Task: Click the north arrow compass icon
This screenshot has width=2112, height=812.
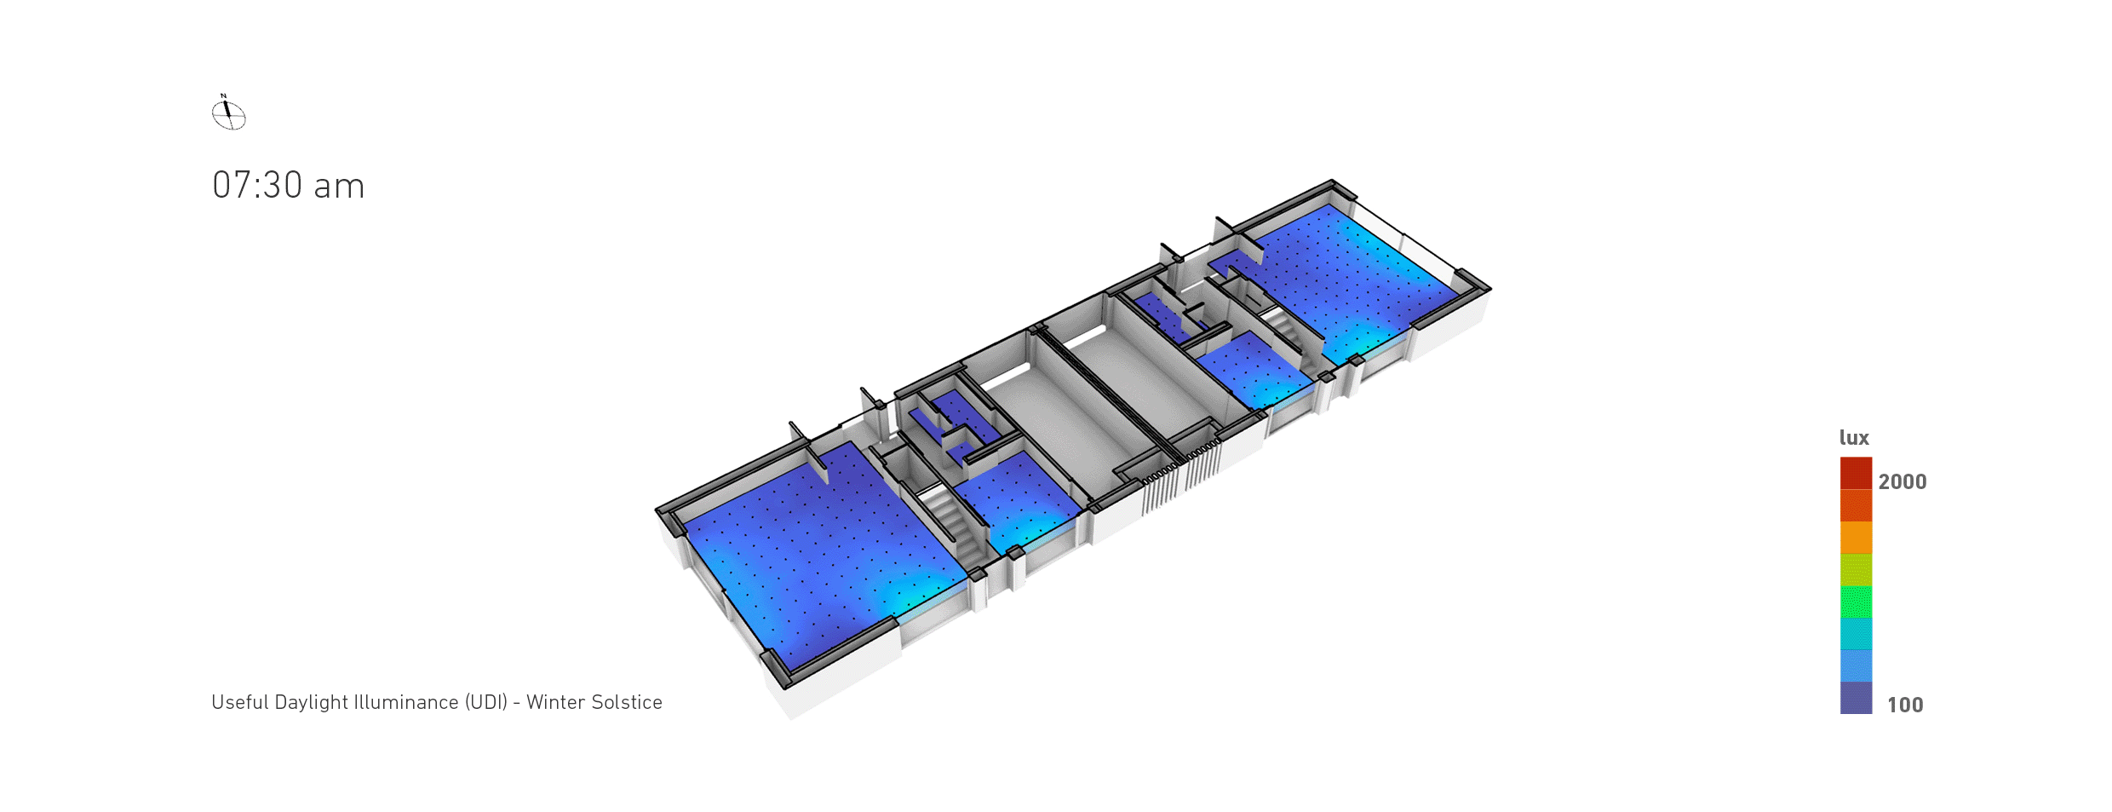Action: click(228, 112)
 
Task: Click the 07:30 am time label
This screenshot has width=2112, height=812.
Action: click(289, 186)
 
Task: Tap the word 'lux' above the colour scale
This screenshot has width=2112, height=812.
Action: click(1854, 438)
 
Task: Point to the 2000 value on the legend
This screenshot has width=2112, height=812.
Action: click(1903, 481)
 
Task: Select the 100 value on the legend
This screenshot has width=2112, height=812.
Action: click(1905, 705)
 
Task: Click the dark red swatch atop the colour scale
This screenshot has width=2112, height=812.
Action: click(1856, 473)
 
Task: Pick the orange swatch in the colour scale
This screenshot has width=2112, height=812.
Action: click(1856, 538)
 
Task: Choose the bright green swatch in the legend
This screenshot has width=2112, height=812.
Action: click(1856, 602)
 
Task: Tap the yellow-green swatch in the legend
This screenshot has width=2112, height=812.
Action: click(1856, 570)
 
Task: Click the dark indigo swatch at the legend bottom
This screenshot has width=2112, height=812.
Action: click(1856, 698)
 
